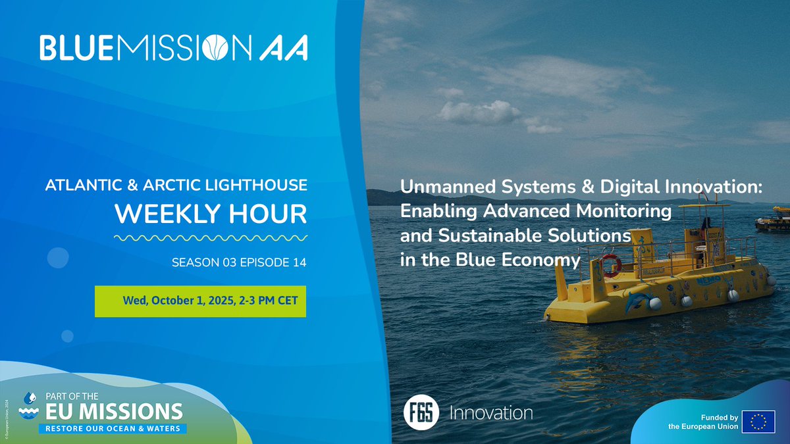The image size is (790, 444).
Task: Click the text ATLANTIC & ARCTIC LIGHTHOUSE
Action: coord(176,186)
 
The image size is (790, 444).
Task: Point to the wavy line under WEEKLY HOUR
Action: coord(211,237)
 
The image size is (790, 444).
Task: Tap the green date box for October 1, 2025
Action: coord(200,301)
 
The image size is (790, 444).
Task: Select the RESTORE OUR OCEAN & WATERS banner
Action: coord(112,428)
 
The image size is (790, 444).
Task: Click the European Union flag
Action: coord(758,422)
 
